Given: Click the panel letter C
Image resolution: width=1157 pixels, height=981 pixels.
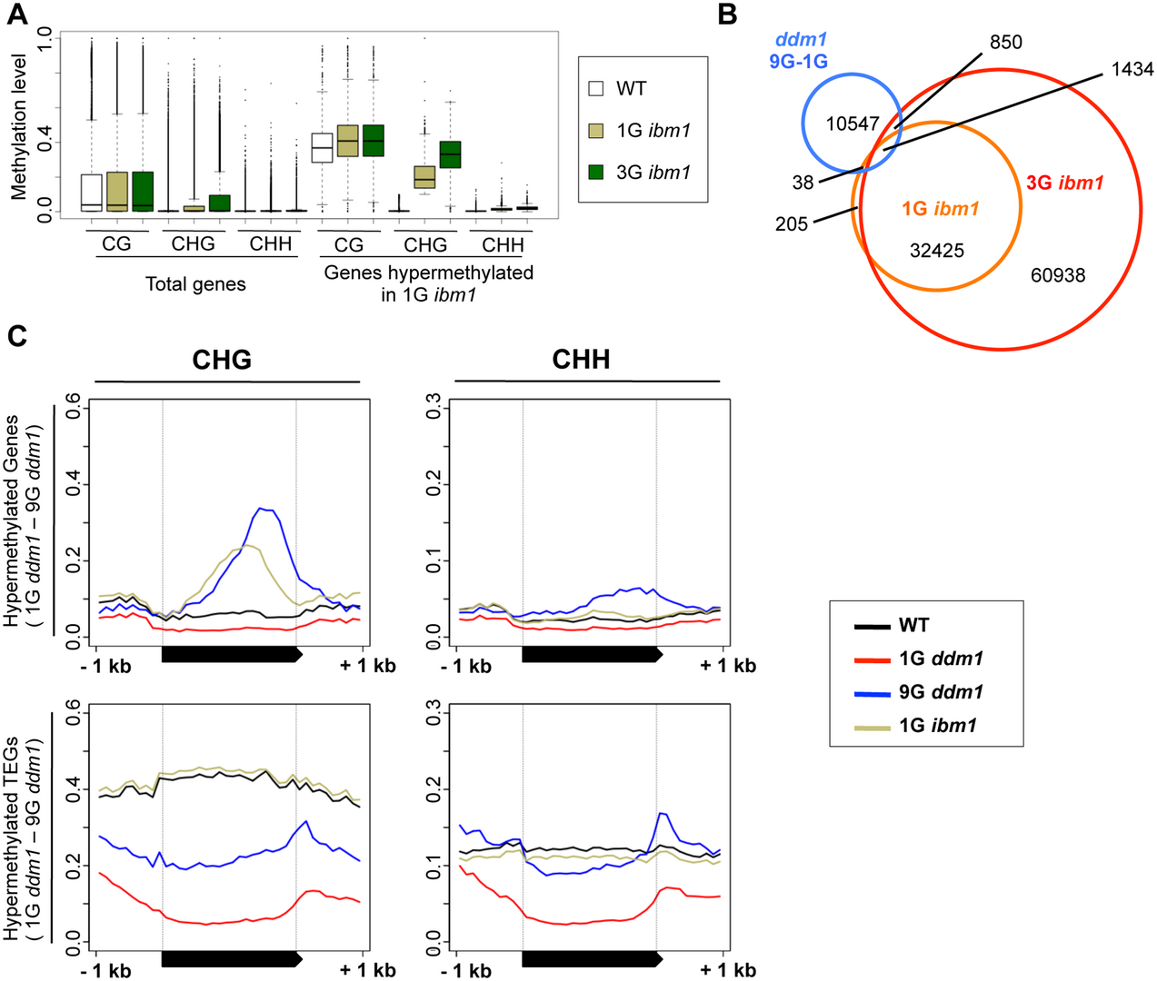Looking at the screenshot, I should [x=18, y=337].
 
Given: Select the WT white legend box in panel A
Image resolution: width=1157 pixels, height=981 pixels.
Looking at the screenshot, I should [x=596, y=88].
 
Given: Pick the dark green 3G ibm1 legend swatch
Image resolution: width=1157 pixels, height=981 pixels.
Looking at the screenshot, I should [x=596, y=172].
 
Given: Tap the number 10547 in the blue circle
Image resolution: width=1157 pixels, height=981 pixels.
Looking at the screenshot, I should [x=853, y=124].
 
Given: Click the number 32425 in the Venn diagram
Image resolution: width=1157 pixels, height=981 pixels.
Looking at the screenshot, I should [x=937, y=251].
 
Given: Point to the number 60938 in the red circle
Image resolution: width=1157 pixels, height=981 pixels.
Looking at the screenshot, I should [x=1058, y=274].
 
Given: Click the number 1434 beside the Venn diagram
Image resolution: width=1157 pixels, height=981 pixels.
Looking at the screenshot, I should [x=1132, y=69].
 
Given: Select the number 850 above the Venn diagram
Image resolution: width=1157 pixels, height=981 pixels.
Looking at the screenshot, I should [x=1005, y=42].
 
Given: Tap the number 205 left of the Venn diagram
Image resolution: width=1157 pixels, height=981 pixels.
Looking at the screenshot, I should [x=792, y=223].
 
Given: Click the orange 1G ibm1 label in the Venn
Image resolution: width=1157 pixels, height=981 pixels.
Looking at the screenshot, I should [x=941, y=209].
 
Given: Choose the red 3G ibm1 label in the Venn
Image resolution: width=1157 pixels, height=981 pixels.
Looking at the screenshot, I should [x=1065, y=183].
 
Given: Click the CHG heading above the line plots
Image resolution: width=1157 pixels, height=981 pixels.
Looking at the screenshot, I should [x=222, y=360].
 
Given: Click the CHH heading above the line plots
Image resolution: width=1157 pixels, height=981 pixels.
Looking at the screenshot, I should [x=582, y=360].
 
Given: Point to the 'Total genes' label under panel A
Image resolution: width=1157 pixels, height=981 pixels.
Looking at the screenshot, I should [x=195, y=284].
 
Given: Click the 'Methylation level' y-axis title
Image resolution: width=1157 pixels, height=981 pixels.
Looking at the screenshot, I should [x=18, y=126].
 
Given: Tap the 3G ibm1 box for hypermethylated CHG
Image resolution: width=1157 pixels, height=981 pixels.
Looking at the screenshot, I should [x=451, y=154].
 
